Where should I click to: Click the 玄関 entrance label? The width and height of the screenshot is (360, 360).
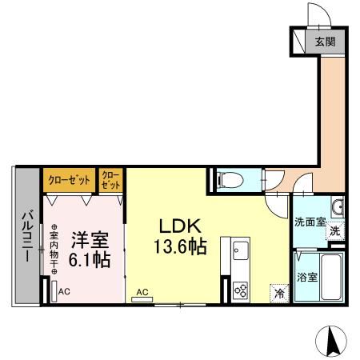tap(325, 42)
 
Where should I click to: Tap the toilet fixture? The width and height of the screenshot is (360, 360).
tap(228, 180)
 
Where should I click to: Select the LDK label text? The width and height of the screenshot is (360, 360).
tap(182, 226)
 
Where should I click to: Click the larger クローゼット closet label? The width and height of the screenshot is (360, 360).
tap(69, 178)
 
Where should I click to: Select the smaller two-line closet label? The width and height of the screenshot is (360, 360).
tap(110, 179)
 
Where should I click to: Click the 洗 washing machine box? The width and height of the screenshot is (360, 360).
tap(336, 230)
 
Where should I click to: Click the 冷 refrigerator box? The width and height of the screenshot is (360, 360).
tap(278, 294)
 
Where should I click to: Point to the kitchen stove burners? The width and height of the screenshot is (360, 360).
tap(239, 290)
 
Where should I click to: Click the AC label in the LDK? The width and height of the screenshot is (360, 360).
tap(142, 293)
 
